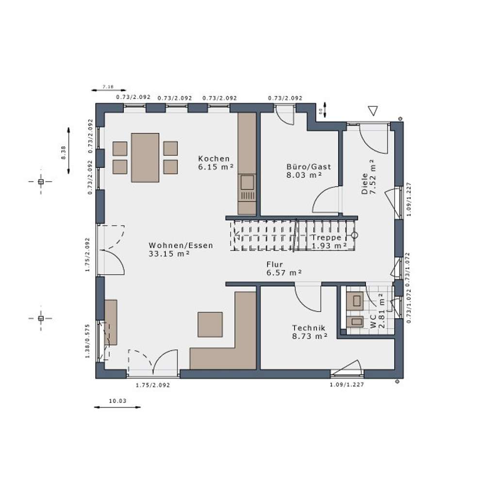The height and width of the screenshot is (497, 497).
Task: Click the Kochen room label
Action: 214,159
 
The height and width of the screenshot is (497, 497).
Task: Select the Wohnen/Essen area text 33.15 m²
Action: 169,253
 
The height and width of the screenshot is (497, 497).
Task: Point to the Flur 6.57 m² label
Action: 284,268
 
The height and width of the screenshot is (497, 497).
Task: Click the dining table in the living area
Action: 145,158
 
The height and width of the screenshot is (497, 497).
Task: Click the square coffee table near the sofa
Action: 210,324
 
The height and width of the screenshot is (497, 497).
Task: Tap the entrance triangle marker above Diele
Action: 373,111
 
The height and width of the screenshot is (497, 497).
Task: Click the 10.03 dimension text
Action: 117,400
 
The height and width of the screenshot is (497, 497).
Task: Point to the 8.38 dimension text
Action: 63,151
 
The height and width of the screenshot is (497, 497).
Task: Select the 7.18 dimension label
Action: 108,87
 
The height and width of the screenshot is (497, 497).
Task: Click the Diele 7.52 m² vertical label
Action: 368,177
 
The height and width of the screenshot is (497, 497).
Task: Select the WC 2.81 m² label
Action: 377,311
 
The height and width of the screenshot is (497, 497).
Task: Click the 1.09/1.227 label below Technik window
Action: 347,384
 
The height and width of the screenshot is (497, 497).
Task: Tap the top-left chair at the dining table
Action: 120,148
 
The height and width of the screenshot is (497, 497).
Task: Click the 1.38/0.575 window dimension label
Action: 88,341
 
